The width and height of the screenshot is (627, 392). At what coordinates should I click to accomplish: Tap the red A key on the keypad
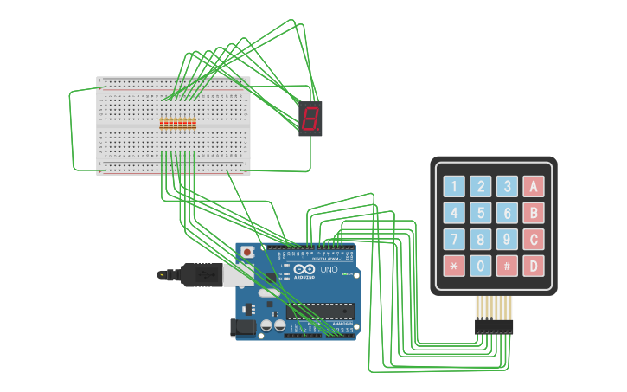(x=534, y=186)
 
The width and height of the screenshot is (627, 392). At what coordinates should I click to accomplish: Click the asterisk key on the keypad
(x=454, y=266)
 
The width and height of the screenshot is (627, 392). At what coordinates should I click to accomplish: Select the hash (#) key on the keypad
(x=507, y=266)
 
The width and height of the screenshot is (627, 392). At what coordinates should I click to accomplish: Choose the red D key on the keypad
(x=534, y=266)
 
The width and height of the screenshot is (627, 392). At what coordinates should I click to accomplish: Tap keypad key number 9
(x=507, y=239)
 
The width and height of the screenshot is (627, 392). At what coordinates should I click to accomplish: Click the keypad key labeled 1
(x=454, y=186)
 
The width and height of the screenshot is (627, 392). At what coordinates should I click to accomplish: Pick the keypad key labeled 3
(x=507, y=186)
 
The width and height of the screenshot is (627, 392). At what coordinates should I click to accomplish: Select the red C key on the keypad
(x=534, y=239)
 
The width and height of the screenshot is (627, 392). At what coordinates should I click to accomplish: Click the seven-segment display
(x=311, y=119)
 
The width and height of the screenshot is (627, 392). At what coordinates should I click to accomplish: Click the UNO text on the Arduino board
(x=329, y=271)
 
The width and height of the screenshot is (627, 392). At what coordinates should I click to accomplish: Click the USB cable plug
(x=203, y=274)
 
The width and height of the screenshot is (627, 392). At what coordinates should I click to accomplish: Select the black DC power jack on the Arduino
(x=243, y=327)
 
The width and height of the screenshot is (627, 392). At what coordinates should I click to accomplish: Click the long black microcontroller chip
(x=321, y=311)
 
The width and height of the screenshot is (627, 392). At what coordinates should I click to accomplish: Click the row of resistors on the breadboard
(x=177, y=125)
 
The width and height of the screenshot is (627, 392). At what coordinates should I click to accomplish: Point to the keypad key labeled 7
(x=454, y=239)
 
